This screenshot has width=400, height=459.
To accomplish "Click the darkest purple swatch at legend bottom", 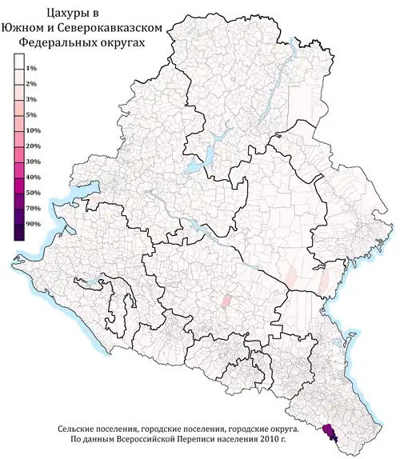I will (18, 231).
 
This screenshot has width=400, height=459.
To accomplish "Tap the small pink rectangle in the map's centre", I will (226, 301).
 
